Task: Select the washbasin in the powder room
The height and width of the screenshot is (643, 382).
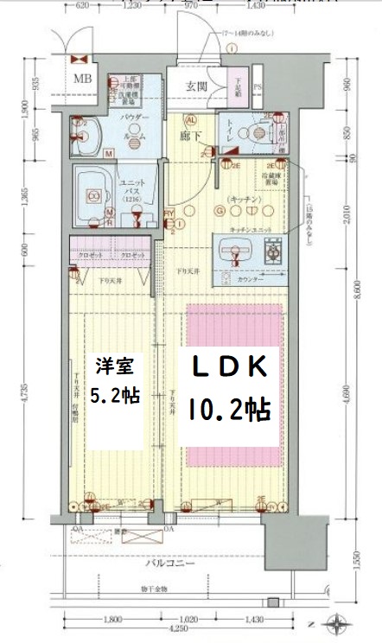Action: coord(87,134)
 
